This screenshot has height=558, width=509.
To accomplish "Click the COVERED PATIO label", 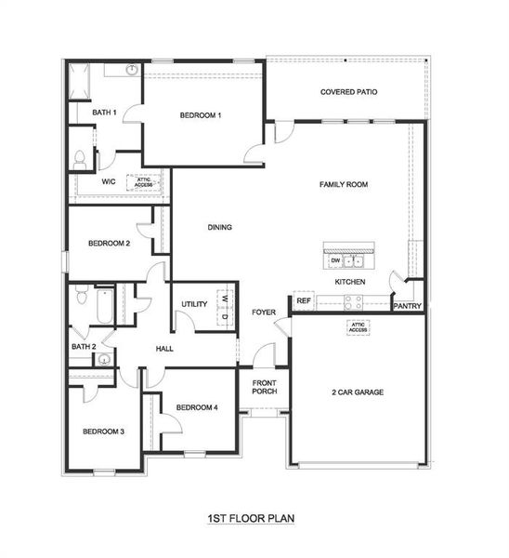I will tap(348, 92).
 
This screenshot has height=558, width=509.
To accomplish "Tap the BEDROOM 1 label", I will tap(201, 115).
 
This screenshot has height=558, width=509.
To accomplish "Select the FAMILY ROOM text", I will tap(344, 184).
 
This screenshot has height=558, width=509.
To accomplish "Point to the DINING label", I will tap(219, 227).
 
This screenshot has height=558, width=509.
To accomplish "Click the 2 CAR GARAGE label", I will tap(358, 392).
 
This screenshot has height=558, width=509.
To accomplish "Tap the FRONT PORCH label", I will tap(265, 386).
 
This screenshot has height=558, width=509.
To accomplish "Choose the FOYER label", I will tap(264, 312).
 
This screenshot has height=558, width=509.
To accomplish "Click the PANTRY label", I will tap(408, 306).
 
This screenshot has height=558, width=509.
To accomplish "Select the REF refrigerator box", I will tap(303, 300).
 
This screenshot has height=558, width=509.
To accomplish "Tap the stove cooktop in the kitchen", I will tap(354, 301).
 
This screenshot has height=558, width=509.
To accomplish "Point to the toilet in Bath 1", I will tap(80, 159).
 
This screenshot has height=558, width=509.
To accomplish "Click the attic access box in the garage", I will tap(358, 326).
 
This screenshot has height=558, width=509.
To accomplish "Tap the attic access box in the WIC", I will tap(145, 182).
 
